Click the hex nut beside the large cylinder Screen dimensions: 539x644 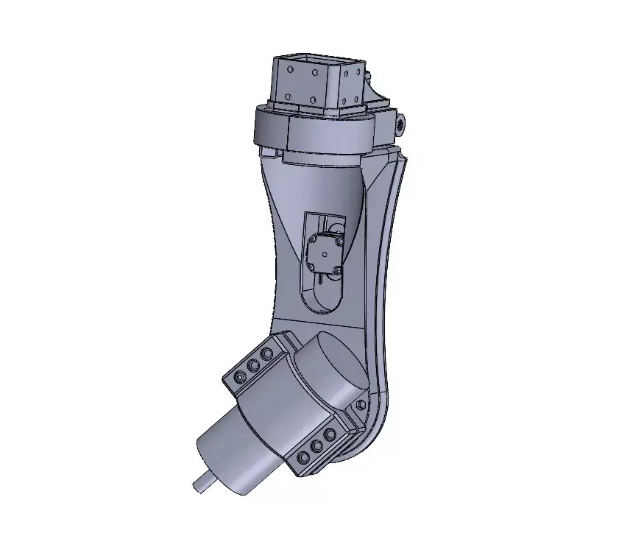point(360,406)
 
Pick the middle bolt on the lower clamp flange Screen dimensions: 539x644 point(317,446)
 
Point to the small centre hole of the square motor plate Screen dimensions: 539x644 point(324,253)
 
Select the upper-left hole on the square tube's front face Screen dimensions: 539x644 point(291,70)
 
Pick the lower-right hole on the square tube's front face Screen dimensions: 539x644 point(314,100)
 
